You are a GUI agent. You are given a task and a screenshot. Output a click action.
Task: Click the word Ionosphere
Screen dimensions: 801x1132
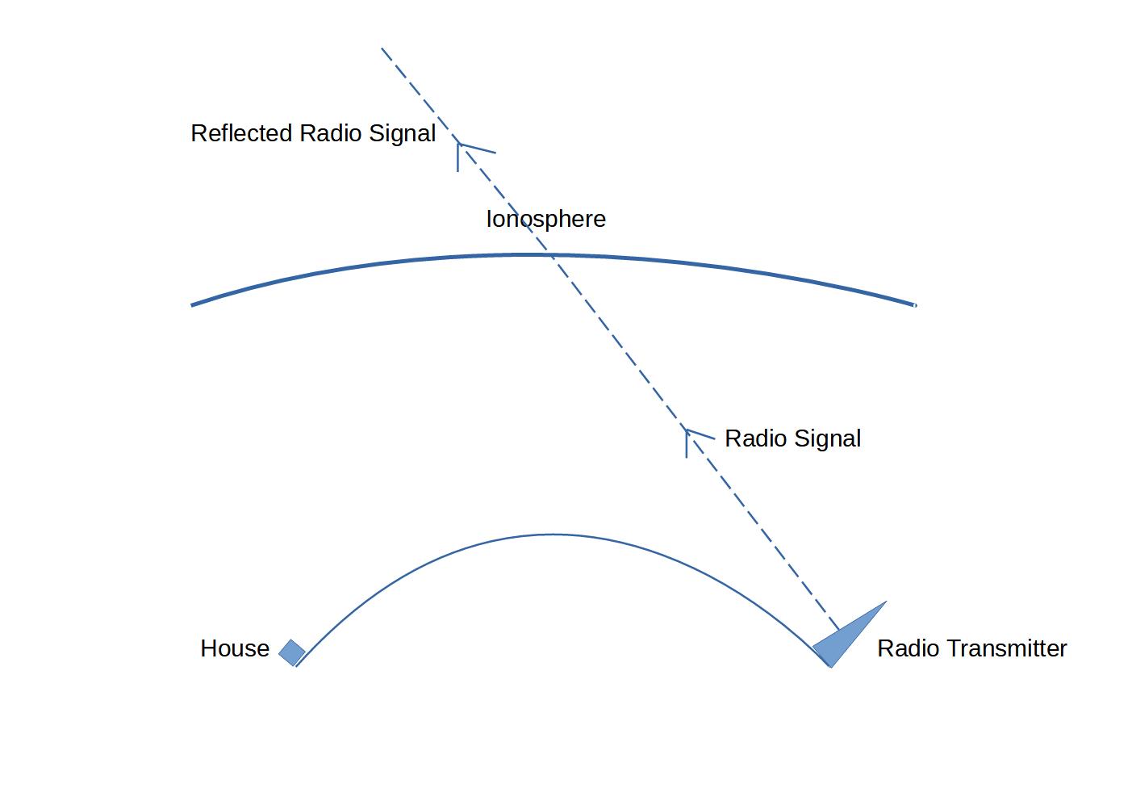pyautogui.click(x=545, y=219)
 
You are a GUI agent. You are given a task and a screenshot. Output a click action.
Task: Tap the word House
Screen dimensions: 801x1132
pyautogui.click(x=235, y=648)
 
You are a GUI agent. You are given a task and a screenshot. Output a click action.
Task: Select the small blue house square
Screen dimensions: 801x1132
pyautogui.click(x=292, y=652)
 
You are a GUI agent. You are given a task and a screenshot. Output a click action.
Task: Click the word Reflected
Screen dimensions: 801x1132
pyautogui.click(x=242, y=133)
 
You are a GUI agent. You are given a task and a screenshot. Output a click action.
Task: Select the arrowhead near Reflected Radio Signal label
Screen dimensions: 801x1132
pyautogui.click(x=460, y=145)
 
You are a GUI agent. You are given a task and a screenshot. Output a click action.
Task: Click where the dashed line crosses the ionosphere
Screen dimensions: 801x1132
pyautogui.click(x=551, y=255)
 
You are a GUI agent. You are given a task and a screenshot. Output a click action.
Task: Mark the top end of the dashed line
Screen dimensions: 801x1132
pyautogui.click(x=382, y=48)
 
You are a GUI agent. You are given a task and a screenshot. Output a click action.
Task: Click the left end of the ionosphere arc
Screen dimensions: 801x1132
pyautogui.click(x=192, y=305)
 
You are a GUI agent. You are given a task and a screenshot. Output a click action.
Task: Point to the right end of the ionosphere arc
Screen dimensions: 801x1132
pyautogui.click(x=915, y=305)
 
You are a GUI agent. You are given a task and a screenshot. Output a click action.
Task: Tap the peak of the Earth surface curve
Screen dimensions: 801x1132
pyautogui.click(x=553, y=535)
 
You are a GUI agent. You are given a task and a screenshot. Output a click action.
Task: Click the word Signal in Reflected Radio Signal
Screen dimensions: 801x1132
pyautogui.click(x=402, y=133)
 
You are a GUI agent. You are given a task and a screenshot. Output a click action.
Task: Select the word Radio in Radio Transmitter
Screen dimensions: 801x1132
pyautogui.click(x=909, y=648)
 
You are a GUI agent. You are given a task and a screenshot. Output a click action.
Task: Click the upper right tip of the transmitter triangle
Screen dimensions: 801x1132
pyautogui.click(x=886, y=602)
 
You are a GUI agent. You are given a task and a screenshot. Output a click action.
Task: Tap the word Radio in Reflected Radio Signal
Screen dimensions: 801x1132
pyautogui.click(x=331, y=133)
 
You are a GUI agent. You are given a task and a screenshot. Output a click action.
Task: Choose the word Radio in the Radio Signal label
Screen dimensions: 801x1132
pyautogui.click(x=756, y=438)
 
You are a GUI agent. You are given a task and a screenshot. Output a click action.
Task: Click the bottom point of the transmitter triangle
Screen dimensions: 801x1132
pyautogui.click(x=831, y=667)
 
